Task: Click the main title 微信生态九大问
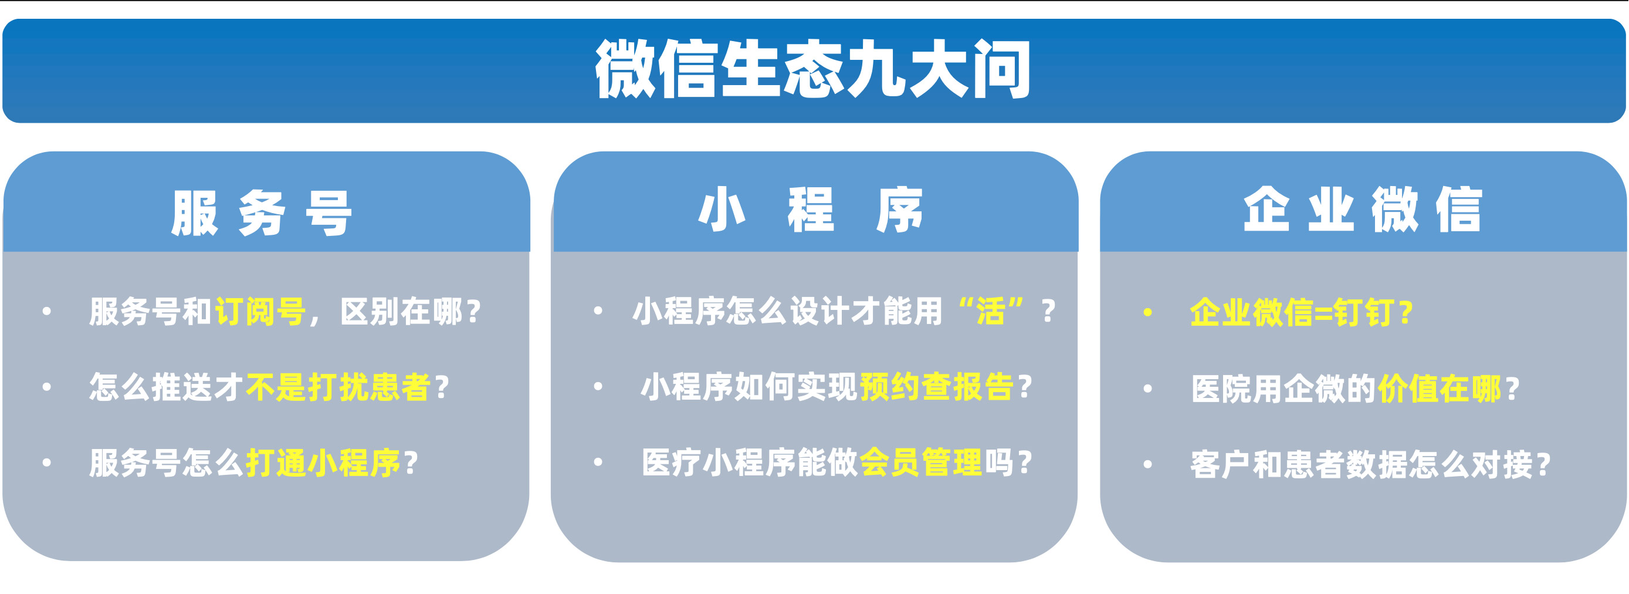click(813, 69)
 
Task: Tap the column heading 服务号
click(261, 213)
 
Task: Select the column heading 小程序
click(811, 210)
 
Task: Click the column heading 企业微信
click(1363, 210)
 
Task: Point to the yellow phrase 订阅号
click(260, 311)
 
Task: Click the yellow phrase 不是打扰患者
click(338, 387)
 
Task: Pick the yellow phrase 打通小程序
click(323, 463)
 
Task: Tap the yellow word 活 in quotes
click(990, 311)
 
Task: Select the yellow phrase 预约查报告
click(937, 387)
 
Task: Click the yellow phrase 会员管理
click(921, 463)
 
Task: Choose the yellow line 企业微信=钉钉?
click(1302, 312)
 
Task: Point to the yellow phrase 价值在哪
click(1440, 389)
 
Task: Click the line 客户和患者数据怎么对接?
click(1370, 465)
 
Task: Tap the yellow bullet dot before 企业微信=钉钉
click(1148, 312)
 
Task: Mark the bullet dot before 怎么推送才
click(46, 387)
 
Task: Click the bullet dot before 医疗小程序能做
click(598, 463)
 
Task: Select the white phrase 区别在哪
click(402, 311)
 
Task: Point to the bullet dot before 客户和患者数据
click(1148, 464)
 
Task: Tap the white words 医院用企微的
click(1283, 389)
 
